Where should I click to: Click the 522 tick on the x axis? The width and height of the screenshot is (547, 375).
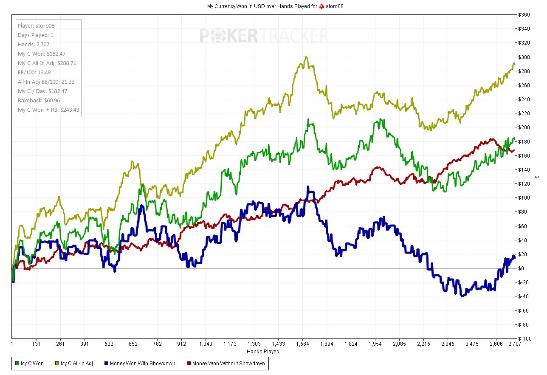point(109,344)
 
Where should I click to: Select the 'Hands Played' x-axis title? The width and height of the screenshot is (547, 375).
point(263,351)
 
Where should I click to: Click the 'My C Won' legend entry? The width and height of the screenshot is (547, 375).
point(29,364)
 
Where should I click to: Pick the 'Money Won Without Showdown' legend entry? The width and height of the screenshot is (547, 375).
point(226,364)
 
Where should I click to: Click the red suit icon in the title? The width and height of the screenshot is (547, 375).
point(321,6)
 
